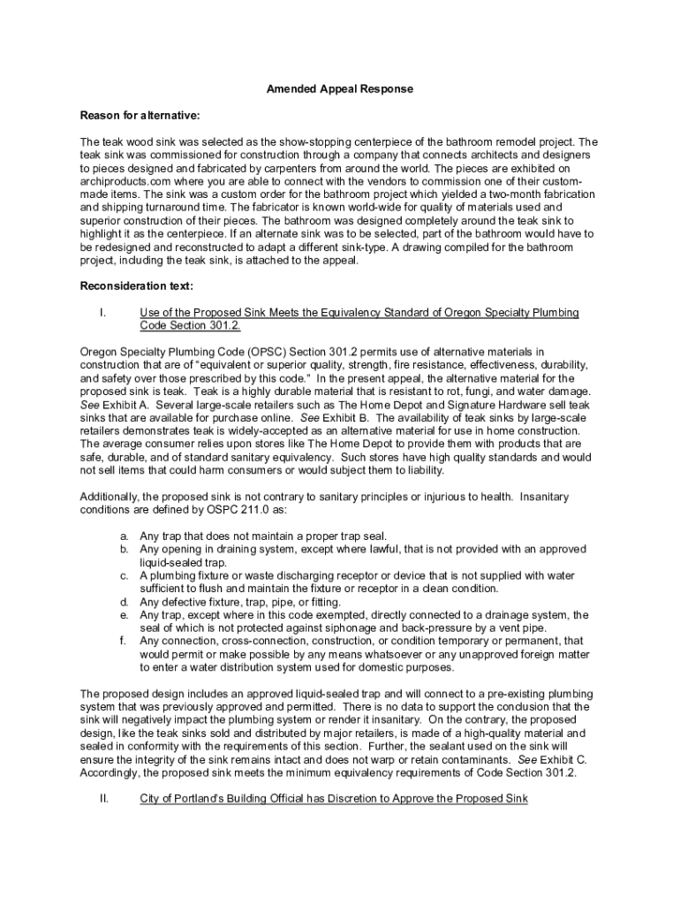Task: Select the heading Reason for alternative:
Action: click(140, 116)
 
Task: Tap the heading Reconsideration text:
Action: click(137, 286)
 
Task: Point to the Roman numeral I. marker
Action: click(103, 313)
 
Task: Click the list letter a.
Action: click(125, 536)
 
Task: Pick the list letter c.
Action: click(125, 575)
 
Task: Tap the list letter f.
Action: click(125, 641)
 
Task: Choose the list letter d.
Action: click(125, 601)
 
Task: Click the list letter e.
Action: click(125, 614)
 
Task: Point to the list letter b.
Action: click(125, 549)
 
